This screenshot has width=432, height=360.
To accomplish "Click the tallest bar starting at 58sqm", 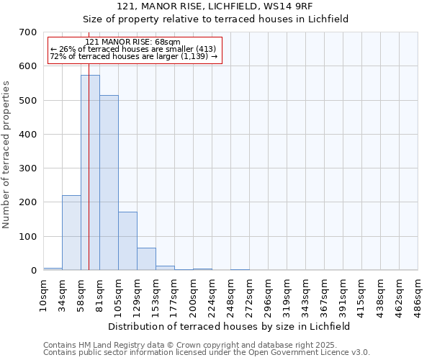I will [90, 173].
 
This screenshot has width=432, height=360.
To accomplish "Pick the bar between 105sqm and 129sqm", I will [127, 241].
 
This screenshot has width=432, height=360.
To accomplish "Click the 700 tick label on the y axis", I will [28, 32].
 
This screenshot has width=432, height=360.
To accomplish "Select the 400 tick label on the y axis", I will [28, 135].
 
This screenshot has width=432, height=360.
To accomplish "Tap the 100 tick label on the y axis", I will [28, 237].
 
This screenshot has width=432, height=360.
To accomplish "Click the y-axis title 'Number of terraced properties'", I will [6, 155].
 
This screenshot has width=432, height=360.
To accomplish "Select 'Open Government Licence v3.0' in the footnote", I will [307, 353].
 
